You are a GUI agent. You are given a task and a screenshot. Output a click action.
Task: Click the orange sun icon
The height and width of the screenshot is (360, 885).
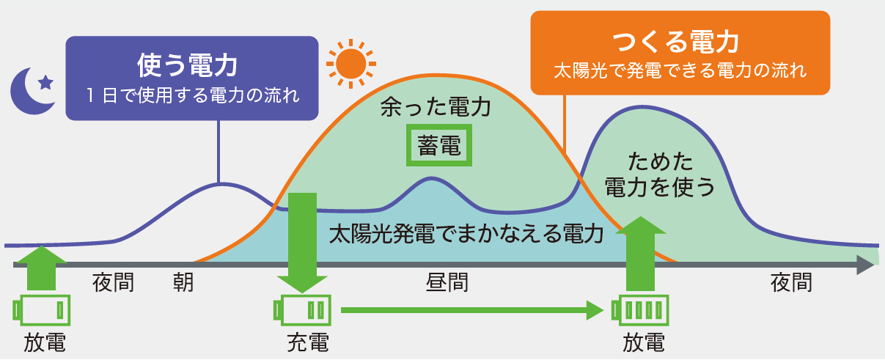point(350,63)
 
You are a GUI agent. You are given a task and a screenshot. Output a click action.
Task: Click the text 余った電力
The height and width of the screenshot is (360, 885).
point(435,109)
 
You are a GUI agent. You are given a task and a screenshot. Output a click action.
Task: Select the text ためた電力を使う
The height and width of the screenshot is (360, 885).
point(659,175)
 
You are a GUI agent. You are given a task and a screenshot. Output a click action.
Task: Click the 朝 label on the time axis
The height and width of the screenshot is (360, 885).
point(183,282)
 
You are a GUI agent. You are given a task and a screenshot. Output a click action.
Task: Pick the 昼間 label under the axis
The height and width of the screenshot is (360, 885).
point(447,282)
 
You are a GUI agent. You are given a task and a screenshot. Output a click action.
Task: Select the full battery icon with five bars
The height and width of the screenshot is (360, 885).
point(640,309)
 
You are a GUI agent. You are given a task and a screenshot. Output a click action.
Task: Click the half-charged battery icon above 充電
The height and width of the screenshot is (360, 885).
point(303,309)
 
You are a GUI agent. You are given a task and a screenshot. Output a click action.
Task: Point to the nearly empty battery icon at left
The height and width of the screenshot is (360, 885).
point(43,309)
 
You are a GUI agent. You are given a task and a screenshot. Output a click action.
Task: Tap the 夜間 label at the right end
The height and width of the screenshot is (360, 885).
point(792,282)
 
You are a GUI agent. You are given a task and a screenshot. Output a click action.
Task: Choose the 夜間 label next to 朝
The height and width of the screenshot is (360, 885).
point(114,282)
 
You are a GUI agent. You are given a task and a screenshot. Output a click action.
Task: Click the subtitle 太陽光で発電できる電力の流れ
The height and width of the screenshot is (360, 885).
point(680,71)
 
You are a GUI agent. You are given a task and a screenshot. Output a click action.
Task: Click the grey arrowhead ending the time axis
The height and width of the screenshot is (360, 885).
point(866,266)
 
